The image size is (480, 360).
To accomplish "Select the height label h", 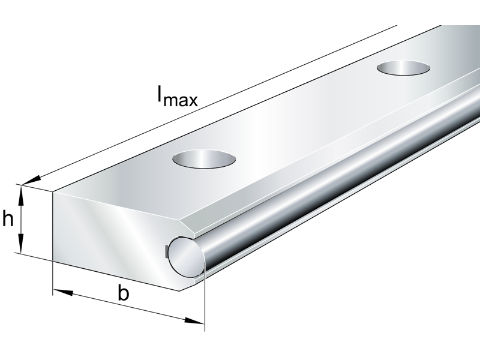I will tap(8, 220).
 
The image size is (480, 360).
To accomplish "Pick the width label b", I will tap(124, 293).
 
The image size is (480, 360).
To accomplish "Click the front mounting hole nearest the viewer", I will tap(204, 160).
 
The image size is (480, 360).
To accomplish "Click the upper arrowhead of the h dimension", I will tap(22, 191).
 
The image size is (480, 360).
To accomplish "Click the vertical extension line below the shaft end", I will tap(204, 300).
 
